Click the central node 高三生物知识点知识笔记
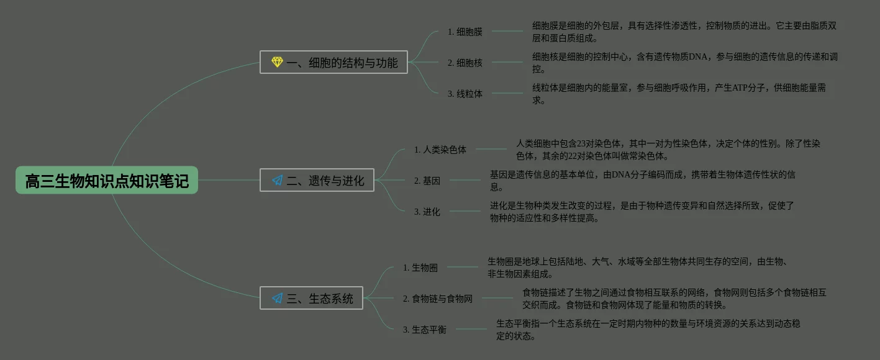pyautogui.click(x=107, y=181)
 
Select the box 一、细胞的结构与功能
pyautogui.click(x=333, y=62)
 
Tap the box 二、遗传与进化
pyautogui.click(x=317, y=180)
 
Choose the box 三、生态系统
pyautogui.click(x=311, y=298)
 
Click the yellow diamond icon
pyautogui.click(x=277, y=62)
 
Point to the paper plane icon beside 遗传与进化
pyautogui.click(x=277, y=181)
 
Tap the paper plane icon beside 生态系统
pyautogui.click(x=277, y=299)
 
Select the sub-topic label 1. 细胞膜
pyautogui.click(x=465, y=32)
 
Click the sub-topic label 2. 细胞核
pyautogui.click(x=465, y=63)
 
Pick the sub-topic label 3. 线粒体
pyautogui.click(x=465, y=94)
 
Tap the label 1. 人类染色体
pyautogui.click(x=440, y=150)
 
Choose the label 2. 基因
pyautogui.click(x=427, y=181)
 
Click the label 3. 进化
pyautogui.click(x=427, y=212)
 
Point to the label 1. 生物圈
pyautogui.click(x=420, y=268)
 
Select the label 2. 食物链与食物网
pyautogui.click(x=437, y=299)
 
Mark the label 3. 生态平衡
pyautogui.click(x=425, y=330)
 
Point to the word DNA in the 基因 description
pyautogui.click(x=622, y=175)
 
